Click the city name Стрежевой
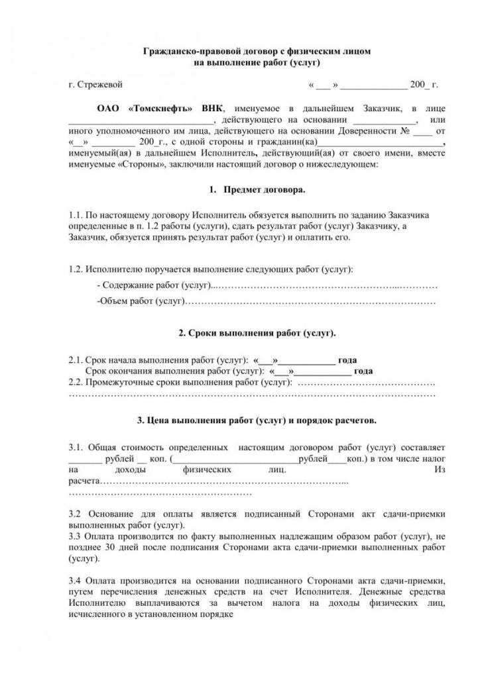(100, 85)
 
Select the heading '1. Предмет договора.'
(256, 189)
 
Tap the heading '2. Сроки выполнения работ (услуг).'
(256, 332)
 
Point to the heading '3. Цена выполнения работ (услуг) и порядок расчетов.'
(256, 420)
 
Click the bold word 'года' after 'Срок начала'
(347, 360)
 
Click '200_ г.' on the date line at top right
(424, 85)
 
